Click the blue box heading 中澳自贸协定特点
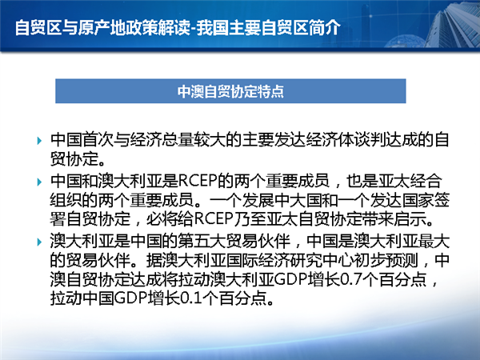click(230, 91)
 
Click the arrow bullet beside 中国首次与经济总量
click(39, 141)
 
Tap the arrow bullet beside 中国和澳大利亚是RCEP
click(39, 182)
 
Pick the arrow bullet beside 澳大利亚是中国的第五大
click(39, 242)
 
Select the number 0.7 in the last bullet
click(352, 279)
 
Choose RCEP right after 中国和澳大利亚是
click(198, 181)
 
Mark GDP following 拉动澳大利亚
click(290, 279)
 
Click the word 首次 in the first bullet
click(98, 139)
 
